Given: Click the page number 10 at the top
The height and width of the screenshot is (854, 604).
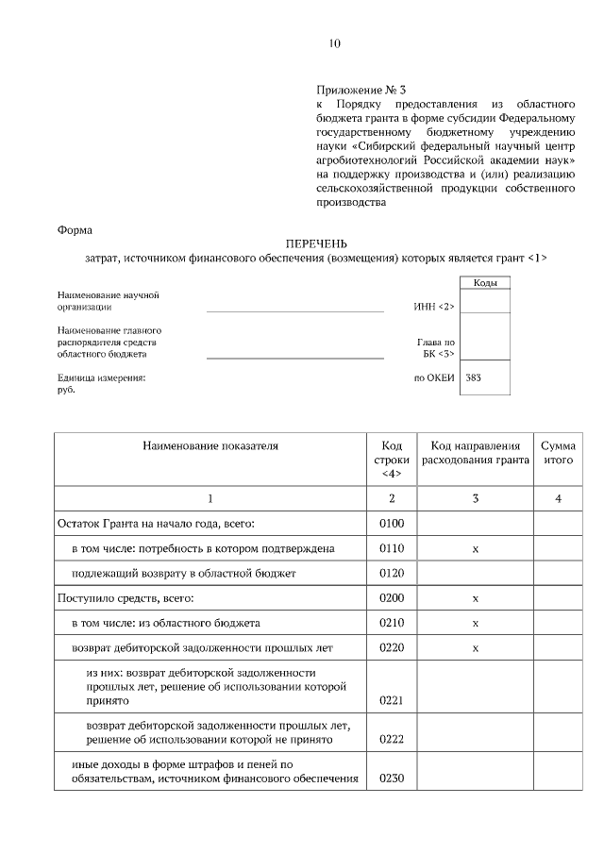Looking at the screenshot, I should pos(334,43).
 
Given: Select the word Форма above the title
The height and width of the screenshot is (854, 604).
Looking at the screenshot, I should pos(75,228).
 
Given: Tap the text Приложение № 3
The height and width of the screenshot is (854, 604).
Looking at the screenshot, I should pos(356,88).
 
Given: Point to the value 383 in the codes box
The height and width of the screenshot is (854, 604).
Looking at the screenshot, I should pos(474,377).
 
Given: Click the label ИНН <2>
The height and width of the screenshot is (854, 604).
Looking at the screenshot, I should pos(434,306).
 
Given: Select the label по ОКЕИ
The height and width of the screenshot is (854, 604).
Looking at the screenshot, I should pos(434,377).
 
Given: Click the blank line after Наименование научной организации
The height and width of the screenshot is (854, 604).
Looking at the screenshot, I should pos(294,309).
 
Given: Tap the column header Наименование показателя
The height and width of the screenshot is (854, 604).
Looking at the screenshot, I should pos(210,445).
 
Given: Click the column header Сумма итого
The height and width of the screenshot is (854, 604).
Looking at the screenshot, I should pos(558,453).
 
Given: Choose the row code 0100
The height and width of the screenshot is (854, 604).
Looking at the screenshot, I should pos(391,523).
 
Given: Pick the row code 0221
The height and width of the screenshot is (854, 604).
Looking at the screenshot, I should pos(391,700).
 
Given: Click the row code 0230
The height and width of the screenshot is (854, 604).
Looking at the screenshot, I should pos(391,779).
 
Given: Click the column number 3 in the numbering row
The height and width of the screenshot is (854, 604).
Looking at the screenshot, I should pos(475,498).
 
